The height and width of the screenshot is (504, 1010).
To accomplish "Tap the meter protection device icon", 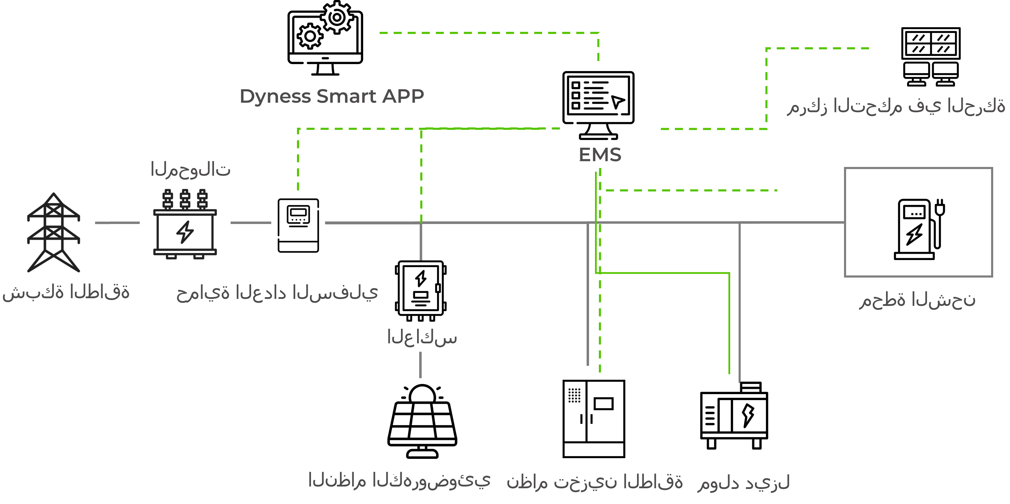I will click(298, 225).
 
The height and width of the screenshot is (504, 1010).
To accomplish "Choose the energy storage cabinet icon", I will click(593, 419).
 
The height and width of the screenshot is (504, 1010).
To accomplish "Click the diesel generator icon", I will click(734, 416).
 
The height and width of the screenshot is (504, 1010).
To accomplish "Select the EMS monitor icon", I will click(598, 104).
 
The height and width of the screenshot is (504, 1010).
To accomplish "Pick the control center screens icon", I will click(931, 56).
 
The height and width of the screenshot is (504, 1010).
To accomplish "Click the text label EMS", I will click(600, 155).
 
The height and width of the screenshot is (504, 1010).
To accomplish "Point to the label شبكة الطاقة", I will click(66, 292).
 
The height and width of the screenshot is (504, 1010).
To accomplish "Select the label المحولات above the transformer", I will click(191, 170).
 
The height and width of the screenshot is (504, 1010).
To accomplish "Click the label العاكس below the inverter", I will click(422, 337).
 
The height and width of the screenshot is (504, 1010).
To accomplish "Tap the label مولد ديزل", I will click(743, 482).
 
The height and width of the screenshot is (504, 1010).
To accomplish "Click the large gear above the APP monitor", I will click(337, 17).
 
